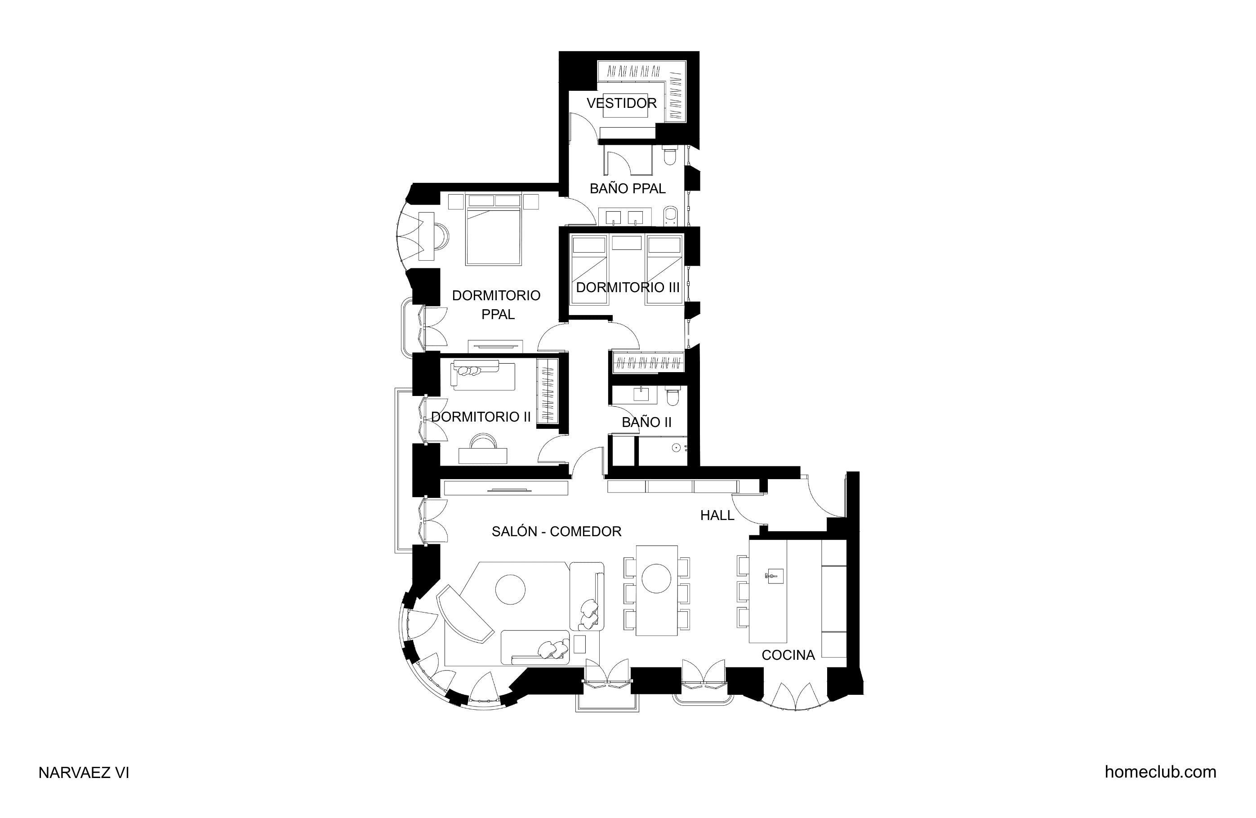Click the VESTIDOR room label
[x=622, y=103]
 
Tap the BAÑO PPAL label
[x=628, y=188]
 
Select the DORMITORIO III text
[x=628, y=288]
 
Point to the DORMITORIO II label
[x=481, y=417]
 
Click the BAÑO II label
[x=646, y=422]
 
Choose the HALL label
[x=717, y=516]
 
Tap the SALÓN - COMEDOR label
[x=556, y=531]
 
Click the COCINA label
[x=788, y=655]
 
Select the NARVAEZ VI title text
[x=84, y=773]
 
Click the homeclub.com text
[x=1161, y=772]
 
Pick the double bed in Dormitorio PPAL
[x=494, y=236]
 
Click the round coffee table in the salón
[x=510, y=589]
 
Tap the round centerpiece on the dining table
[x=656, y=578]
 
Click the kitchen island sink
[x=774, y=576]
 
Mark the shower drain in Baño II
[x=676, y=448]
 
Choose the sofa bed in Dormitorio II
[x=483, y=376]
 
